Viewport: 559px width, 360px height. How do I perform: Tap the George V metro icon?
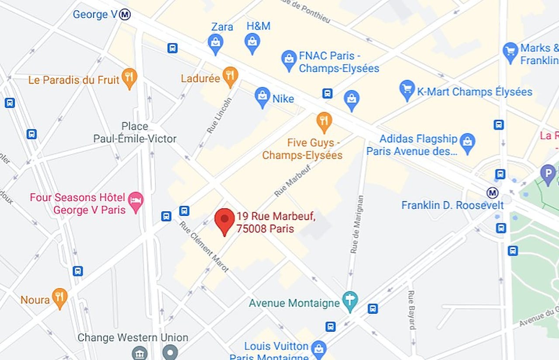(125, 14)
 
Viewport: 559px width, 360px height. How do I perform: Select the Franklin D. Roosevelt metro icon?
(493, 193)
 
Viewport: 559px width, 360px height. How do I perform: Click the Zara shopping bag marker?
(216, 43)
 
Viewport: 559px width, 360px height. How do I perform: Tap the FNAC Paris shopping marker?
(289, 59)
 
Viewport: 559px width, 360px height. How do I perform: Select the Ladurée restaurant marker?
(230, 76)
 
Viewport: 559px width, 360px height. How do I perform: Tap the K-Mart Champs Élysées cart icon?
(407, 89)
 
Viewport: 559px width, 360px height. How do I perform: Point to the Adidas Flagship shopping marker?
(468, 142)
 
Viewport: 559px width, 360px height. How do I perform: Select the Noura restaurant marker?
(60, 298)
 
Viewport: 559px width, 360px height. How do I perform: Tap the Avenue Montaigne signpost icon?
(350, 301)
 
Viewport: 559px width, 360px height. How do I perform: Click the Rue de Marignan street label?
(356, 224)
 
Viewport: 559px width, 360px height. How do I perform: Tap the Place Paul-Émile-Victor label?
(135, 132)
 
